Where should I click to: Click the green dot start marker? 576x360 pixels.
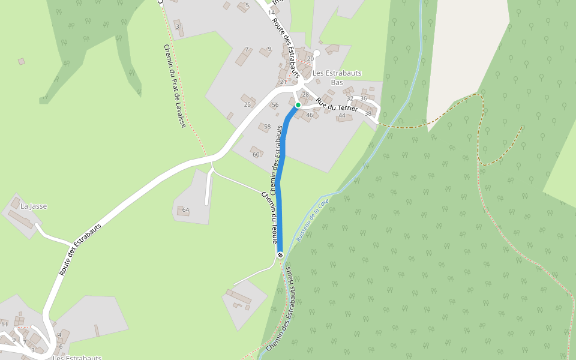(x=298, y=104)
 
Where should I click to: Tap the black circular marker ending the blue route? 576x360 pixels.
(x=280, y=255)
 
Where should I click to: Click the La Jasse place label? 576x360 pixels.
(x=34, y=206)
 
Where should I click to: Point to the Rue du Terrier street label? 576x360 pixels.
(x=337, y=106)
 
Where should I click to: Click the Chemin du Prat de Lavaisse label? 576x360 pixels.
(x=175, y=86)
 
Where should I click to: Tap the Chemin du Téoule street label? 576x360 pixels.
(x=269, y=217)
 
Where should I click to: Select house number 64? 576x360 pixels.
(x=185, y=210)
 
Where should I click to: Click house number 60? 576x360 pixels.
(x=256, y=154)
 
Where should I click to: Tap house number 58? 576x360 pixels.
(x=267, y=127)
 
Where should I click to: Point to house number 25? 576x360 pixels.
(x=247, y=104)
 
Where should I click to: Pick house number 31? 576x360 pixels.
(x=178, y=26)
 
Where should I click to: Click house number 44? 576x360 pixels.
(x=342, y=115)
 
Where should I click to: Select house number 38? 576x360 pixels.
(x=368, y=113)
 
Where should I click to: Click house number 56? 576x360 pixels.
(x=275, y=105)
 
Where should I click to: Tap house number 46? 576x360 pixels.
(x=310, y=115)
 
